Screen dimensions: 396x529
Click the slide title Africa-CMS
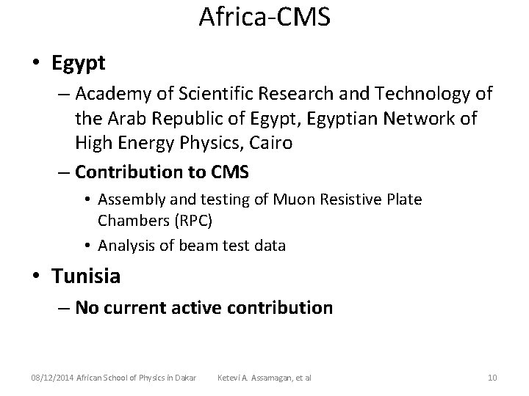[264, 17]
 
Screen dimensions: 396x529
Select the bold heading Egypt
[79, 62]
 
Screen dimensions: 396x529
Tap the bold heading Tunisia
[86, 276]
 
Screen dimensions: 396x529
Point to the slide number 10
[492, 378]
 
